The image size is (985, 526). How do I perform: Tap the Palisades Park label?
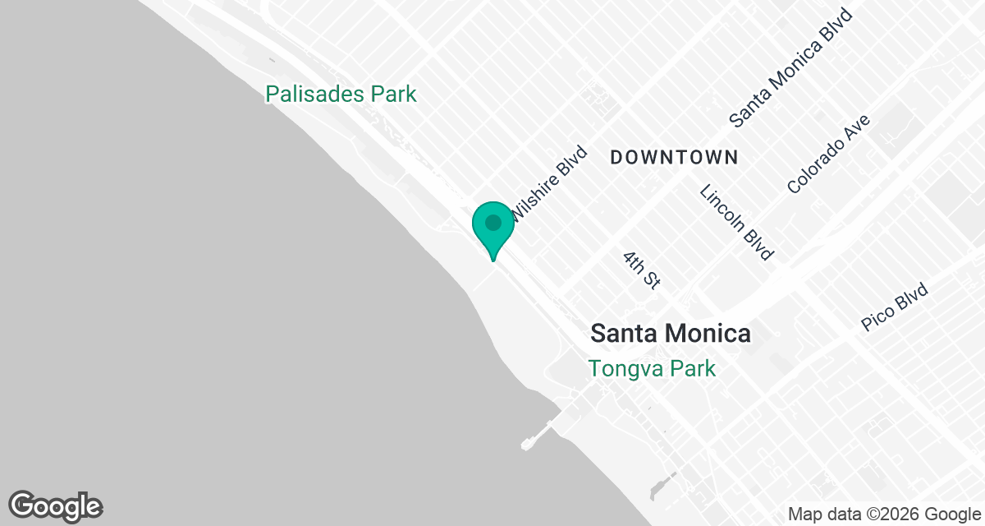tap(341, 95)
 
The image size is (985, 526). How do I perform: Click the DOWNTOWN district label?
tap(674, 157)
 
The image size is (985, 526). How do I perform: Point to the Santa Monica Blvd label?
tap(791, 68)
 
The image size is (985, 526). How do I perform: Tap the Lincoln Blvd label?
tap(736, 222)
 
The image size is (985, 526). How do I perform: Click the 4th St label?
tap(641, 270)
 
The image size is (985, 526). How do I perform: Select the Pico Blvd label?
tap(895, 307)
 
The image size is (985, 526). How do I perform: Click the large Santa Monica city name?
tap(671, 334)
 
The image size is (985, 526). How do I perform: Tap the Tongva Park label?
tap(652, 369)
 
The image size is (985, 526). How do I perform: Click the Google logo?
tap(55, 505)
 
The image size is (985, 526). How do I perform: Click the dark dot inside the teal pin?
tap(492, 222)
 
